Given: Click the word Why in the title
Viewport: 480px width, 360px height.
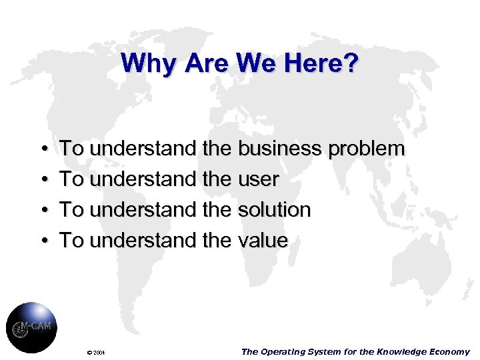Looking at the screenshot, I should pyautogui.click(x=140, y=64).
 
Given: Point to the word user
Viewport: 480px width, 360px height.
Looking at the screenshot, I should pyautogui.click(x=258, y=179).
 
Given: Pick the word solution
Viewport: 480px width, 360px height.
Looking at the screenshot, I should pyautogui.click(x=273, y=209).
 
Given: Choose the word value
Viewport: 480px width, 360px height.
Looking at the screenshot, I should pyautogui.click(x=262, y=240).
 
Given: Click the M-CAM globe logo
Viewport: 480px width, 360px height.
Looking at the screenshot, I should pyautogui.click(x=31, y=327).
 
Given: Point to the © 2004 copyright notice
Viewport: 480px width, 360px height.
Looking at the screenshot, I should pyautogui.click(x=97, y=352).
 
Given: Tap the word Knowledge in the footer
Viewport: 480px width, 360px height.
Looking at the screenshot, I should pyautogui.click(x=405, y=351).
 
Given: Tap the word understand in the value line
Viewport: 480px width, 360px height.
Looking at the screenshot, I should pyautogui.click(x=142, y=240).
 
